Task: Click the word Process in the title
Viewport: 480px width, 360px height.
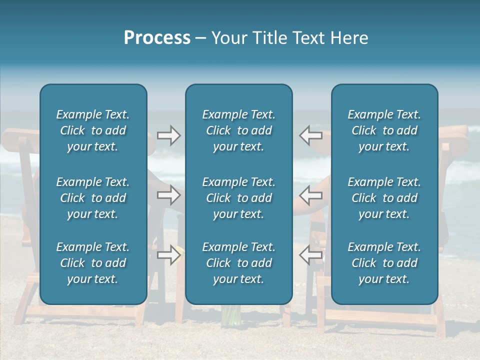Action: (157, 38)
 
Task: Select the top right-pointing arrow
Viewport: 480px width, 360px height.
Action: (168, 135)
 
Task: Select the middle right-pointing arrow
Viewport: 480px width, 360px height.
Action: (168, 195)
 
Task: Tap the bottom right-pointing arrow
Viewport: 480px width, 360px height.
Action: (168, 255)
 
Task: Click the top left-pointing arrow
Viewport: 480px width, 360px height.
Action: (310, 135)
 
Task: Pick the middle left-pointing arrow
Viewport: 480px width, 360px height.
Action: (310, 195)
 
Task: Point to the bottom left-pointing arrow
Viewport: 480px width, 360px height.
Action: (310, 255)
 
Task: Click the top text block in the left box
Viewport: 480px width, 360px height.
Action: (93, 130)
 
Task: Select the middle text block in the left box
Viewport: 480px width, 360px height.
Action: (93, 198)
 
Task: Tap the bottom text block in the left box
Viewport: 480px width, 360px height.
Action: (93, 263)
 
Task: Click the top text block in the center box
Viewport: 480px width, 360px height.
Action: (238, 130)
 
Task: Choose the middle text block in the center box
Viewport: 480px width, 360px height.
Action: (238, 198)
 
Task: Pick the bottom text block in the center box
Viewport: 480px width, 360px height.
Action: (238, 263)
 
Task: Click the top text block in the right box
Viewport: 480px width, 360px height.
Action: (384, 130)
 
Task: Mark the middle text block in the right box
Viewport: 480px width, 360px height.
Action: (384, 198)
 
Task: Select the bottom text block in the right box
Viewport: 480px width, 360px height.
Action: (384, 263)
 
